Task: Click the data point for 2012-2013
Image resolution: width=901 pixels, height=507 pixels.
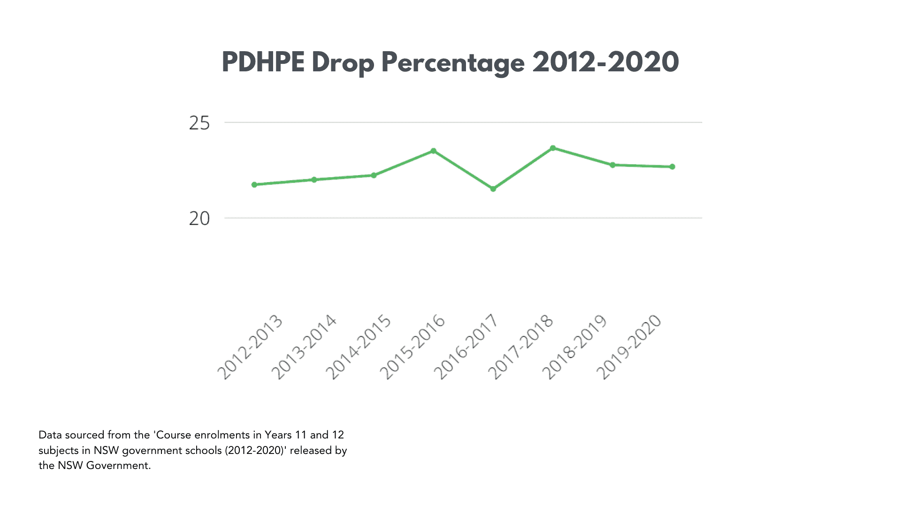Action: pyautogui.click(x=254, y=184)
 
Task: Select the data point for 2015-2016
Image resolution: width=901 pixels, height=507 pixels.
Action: pyautogui.click(x=434, y=151)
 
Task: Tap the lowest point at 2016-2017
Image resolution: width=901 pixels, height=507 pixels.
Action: pyautogui.click(x=493, y=189)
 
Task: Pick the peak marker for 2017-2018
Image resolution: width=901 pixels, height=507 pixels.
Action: pyautogui.click(x=553, y=148)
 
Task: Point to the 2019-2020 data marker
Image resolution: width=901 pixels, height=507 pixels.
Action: pyautogui.click(x=672, y=167)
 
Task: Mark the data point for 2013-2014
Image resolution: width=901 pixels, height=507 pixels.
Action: pyautogui.click(x=314, y=179)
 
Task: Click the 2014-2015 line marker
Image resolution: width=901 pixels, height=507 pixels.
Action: pyautogui.click(x=374, y=175)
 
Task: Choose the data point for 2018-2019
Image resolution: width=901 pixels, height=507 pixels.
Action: pyautogui.click(x=612, y=165)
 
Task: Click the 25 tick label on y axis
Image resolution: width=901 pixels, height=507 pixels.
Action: pyautogui.click(x=199, y=123)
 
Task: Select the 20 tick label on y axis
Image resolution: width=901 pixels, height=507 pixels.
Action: pyautogui.click(x=199, y=219)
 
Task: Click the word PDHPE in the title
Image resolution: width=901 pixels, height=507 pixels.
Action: pyautogui.click(x=263, y=62)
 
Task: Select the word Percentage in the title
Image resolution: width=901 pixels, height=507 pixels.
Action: pyautogui.click(x=453, y=63)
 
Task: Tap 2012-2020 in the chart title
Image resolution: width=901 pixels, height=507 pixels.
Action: pyautogui.click(x=605, y=62)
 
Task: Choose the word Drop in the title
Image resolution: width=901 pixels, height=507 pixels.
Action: pyautogui.click(x=343, y=63)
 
